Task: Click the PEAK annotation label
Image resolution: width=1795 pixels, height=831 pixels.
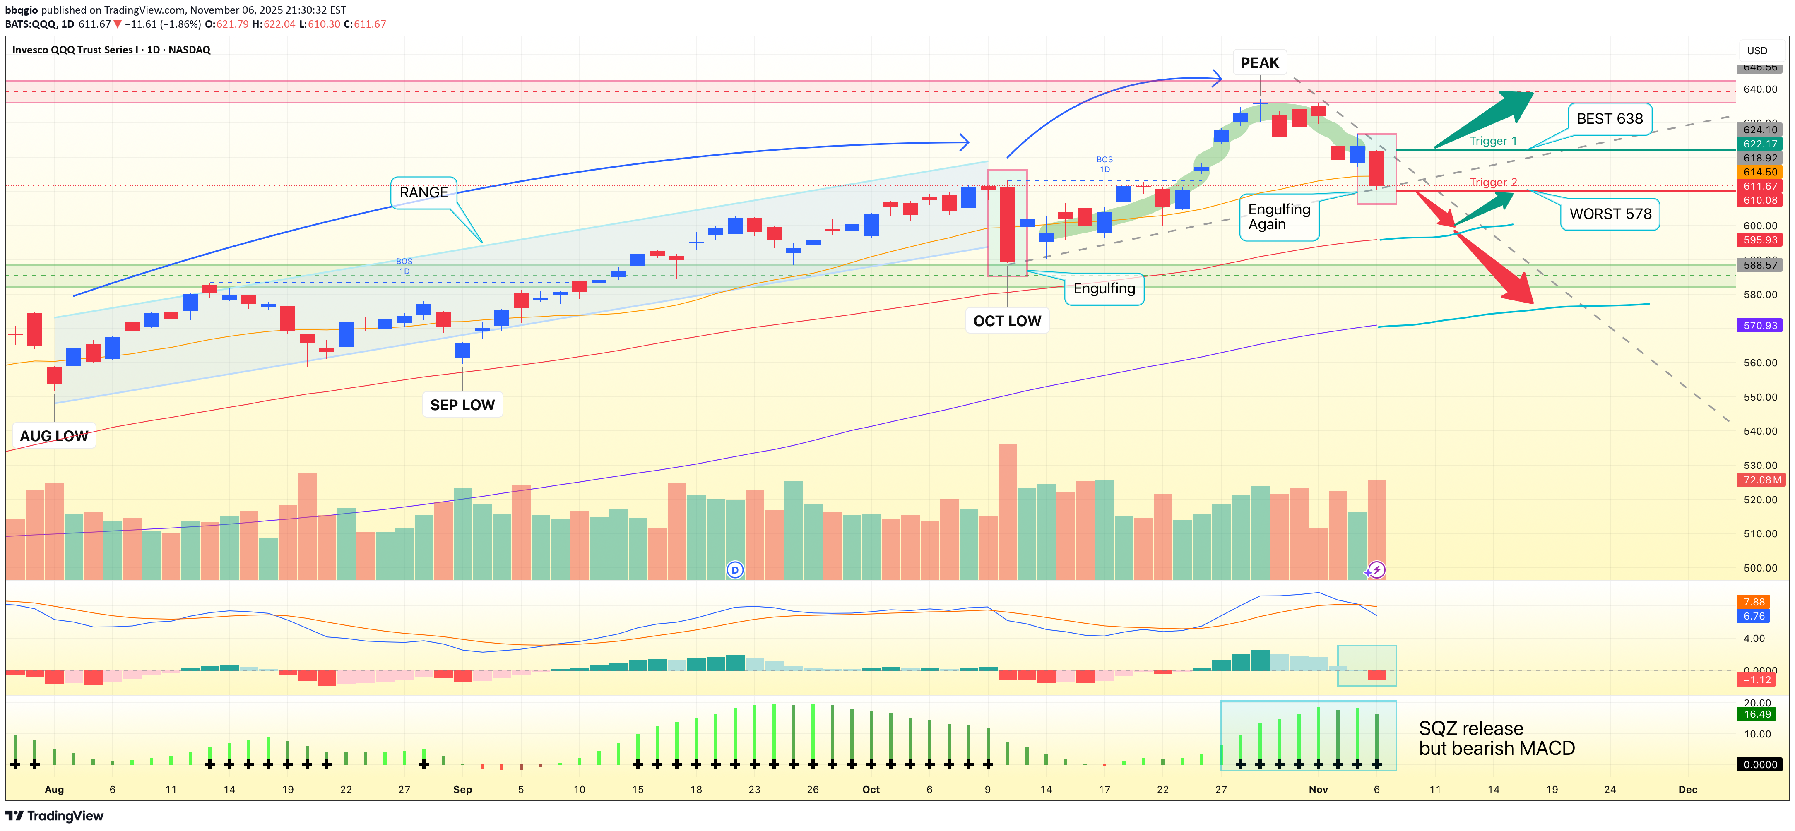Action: pos(1259,62)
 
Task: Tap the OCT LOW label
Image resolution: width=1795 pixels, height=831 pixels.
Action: pos(1007,321)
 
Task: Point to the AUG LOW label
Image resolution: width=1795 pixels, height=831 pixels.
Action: pos(54,436)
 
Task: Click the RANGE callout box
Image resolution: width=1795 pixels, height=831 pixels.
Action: pos(423,192)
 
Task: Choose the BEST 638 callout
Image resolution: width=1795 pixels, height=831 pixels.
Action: pos(1609,119)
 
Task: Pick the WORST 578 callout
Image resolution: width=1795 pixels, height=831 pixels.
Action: pos(1610,214)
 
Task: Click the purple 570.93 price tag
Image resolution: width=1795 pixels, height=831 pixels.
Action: pos(1760,325)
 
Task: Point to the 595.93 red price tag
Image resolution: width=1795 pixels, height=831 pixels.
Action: pos(1760,240)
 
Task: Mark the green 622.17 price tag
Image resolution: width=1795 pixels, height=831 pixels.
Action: pos(1760,144)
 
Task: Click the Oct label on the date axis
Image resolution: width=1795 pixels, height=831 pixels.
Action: pos(871,789)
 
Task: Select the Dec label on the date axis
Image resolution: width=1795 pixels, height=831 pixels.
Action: pos(1688,789)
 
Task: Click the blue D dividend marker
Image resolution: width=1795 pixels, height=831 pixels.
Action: pos(734,570)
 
